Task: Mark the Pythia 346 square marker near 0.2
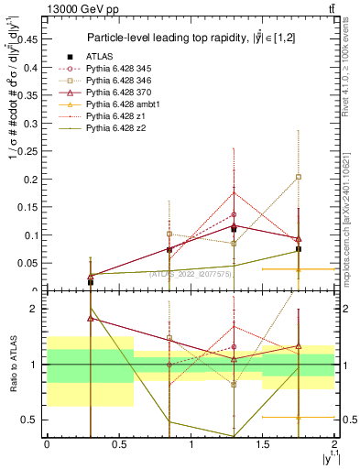point(299,177)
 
